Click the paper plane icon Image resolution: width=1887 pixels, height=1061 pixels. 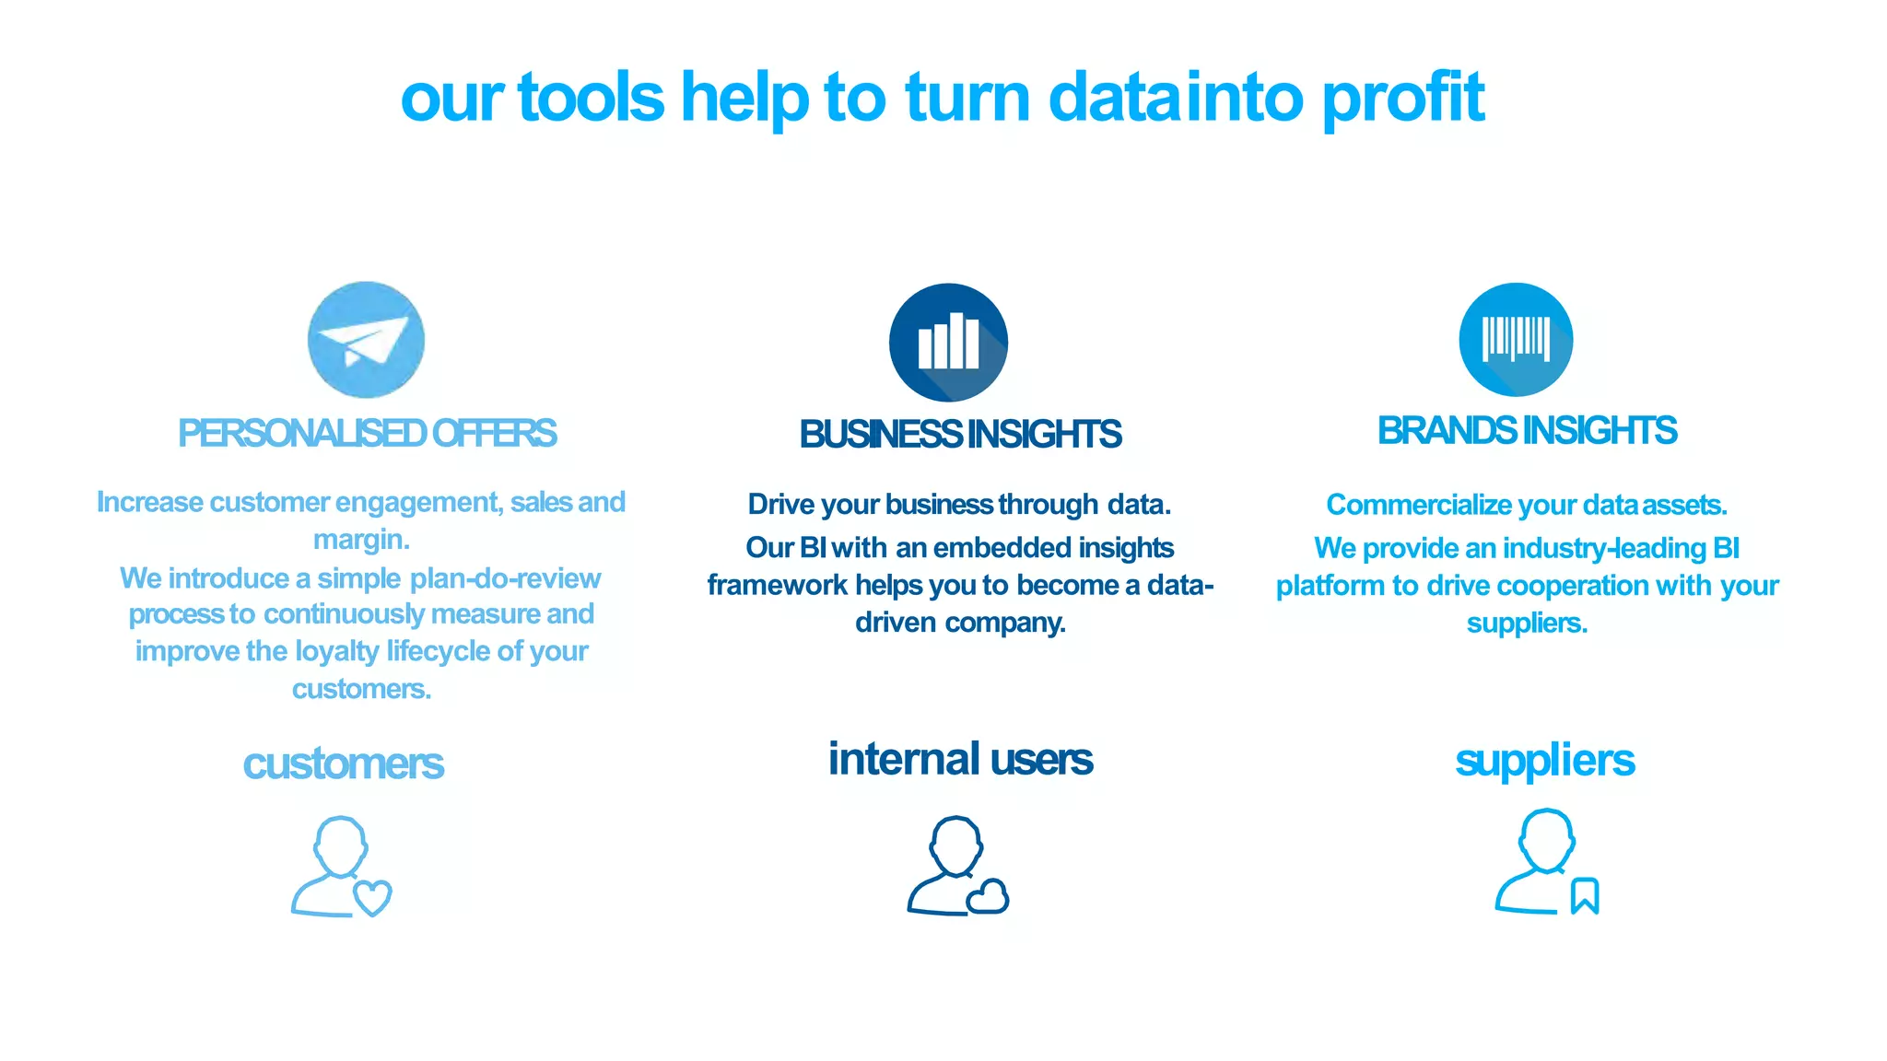pos(366,340)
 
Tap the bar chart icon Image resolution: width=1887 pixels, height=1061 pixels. pos(948,342)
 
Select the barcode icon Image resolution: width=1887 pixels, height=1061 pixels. pos(1516,339)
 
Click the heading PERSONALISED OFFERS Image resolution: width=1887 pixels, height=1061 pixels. pos(367,434)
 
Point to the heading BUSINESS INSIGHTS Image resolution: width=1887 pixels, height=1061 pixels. pos(960,435)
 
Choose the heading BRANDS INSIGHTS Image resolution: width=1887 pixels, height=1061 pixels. pos(1527,431)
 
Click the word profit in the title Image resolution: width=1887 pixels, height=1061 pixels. pos(1403,98)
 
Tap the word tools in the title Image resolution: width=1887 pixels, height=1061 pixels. pos(591,98)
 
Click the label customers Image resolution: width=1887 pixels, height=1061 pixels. pos(343,764)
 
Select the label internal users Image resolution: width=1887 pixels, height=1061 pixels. pos(960,760)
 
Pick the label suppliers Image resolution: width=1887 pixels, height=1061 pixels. pos(1544,761)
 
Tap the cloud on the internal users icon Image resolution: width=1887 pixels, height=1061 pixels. pos(988,896)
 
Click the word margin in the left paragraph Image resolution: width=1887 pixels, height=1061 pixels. pos(359,541)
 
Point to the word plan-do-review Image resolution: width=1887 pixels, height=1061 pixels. pos(505,578)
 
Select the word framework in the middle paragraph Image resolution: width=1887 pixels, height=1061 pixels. pos(777,586)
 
